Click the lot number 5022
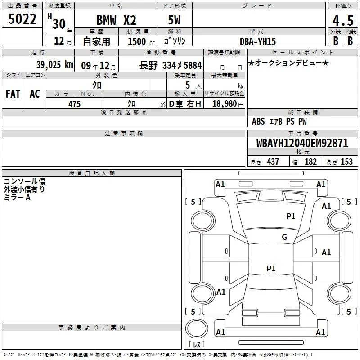22,19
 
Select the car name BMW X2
117,20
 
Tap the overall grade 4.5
343,21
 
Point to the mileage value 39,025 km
55,65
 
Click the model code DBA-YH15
257,41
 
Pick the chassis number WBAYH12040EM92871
302,143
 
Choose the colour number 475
74,104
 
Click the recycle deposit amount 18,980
225,103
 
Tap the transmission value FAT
13,94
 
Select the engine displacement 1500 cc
141,41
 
